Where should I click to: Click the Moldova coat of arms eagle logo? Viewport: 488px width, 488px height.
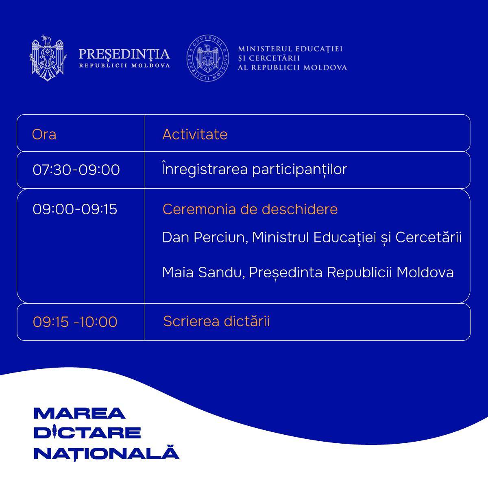pos(48,58)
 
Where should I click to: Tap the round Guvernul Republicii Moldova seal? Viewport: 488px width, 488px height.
pos(208,58)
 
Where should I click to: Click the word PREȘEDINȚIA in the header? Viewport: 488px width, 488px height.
pos(124,54)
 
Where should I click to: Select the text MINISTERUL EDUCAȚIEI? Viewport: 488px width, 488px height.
pos(290,49)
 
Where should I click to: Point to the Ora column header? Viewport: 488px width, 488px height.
pos(44,134)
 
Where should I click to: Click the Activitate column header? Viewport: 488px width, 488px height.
pos(195,134)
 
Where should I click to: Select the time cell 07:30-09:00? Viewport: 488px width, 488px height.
pos(76,170)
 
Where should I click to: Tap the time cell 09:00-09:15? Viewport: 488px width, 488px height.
pos(75,209)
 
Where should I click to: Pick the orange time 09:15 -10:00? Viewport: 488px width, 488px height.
pos(75,322)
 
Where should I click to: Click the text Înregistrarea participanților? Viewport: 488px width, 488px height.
pos(255,169)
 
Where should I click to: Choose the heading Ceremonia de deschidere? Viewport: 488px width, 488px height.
pos(250,209)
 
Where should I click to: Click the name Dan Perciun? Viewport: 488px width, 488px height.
pos(203,237)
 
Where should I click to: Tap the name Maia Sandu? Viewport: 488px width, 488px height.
pos(202,272)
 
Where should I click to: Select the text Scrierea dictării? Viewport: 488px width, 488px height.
pos(216,321)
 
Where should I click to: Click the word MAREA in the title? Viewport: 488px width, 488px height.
pos(80,414)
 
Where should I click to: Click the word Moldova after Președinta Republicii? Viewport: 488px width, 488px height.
pos(425,272)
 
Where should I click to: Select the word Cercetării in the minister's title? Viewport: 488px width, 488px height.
pos(429,237)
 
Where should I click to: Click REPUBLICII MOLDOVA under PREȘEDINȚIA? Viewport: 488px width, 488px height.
pos(124,65)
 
